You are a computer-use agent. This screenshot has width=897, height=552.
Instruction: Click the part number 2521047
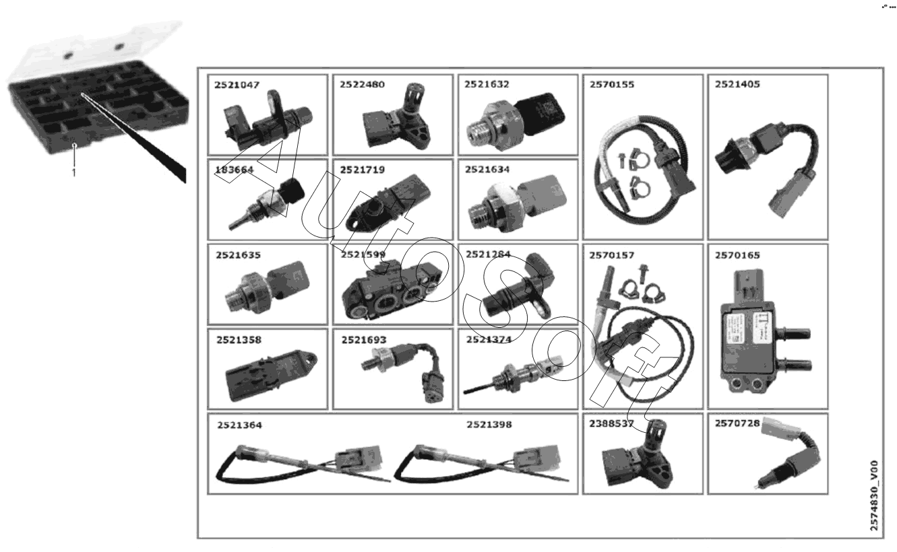pyautogui.click(x=237, y=85)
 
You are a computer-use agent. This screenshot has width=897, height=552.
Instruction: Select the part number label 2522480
pyautogui.click(x=362, y=85)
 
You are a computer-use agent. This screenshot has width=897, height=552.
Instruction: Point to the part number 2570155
pyautogui.click(x=612, y=85)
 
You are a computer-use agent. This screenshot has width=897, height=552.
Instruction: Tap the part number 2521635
pyautogui.click(x=238, y=256)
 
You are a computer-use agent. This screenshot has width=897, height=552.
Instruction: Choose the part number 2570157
pyautogui.click(x=612, y=256)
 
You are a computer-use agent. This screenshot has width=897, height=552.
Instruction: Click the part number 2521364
pyautogui.click(x=239, y=425)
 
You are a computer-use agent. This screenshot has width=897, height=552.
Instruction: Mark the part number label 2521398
pyautogui.click(x=489, y=425)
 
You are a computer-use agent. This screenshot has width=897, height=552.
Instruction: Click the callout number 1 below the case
pyautogui.click(x=74, y=172)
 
